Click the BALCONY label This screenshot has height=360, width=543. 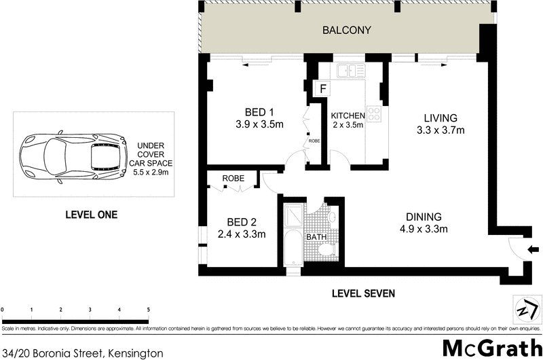(347, 30)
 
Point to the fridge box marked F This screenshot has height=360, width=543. (323, 88)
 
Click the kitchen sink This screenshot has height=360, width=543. (351, 69)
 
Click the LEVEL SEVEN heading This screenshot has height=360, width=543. (363, 293)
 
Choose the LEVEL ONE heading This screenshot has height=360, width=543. (91, 215)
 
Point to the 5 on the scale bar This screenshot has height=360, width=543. (148, 310)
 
